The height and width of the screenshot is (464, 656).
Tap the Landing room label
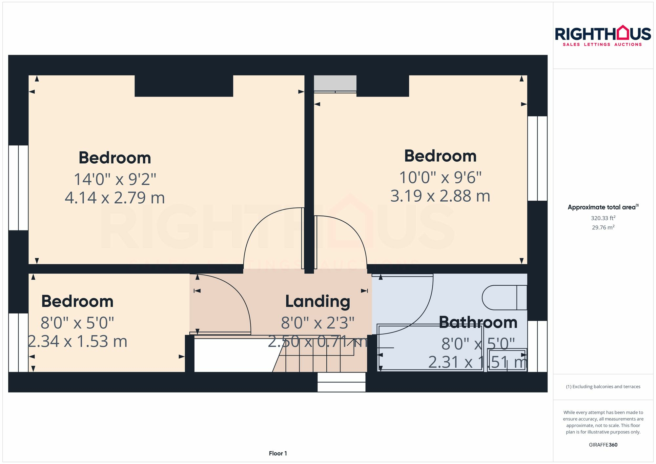pos(318,301)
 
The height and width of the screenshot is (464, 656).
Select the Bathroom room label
pos(478,322)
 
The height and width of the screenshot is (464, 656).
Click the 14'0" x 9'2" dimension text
pos(115,179)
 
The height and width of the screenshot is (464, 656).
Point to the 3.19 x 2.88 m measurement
pos(440,196)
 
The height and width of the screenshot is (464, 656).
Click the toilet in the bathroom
pos(503,298)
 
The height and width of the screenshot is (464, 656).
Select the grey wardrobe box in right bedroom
pos(335,83)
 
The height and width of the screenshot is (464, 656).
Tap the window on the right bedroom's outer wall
pos(537,158)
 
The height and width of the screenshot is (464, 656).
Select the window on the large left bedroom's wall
pos(18,188)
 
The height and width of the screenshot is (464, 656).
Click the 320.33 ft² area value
pos(603,218)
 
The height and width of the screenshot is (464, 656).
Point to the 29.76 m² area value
pos(603,228)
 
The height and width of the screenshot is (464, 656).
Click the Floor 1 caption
pos(278,454)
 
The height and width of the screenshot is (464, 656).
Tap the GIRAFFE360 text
pos(603,445)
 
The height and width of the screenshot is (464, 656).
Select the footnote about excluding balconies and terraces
pos(603,387)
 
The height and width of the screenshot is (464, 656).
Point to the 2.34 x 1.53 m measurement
pos(77,342)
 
